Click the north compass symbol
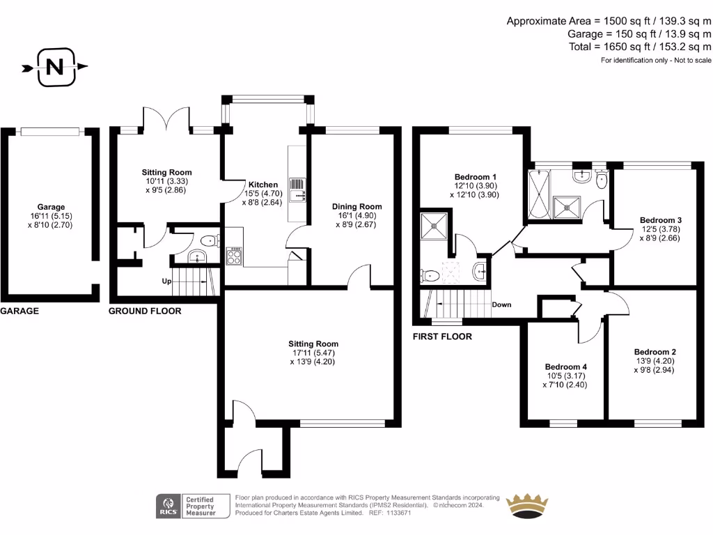(x=54, y=68)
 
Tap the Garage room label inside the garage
(x=51, y=207)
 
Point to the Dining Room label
(x=357, y=206)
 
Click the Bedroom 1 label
(x=476, y=176)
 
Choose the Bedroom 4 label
(x=566, y=367)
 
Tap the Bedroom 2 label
(x=655, y=352)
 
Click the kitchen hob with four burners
(x=234, y=256)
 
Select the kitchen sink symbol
(x=297, y=186)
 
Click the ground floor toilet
(x=209, y=241)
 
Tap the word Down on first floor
(x=501, y=304)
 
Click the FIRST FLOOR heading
(x=442, y=336)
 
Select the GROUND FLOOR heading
(x=145, y=311)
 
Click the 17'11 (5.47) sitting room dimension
(x=313, y=352)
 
